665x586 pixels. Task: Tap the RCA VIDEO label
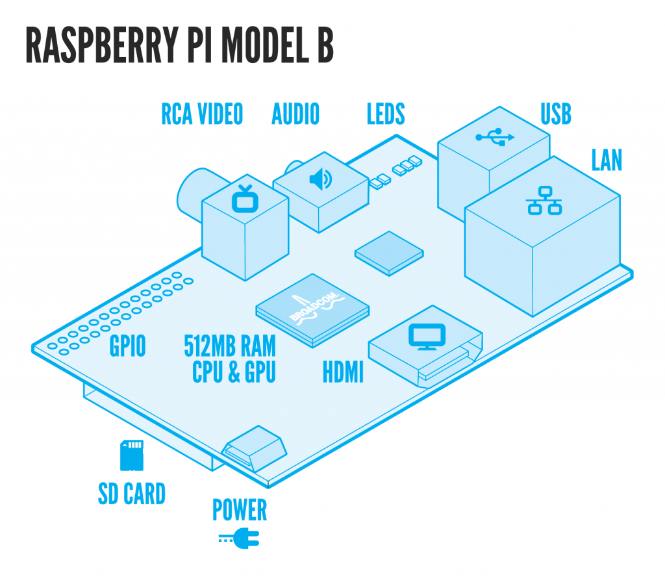coord(202,114)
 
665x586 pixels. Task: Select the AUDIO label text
coord(295,114)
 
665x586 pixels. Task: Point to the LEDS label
coord(386,114)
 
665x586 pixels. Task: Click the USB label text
coord(556,114)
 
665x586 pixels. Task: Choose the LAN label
coord(607,160)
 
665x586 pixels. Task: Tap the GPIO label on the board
coord(127,346)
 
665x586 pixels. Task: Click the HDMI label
coord(343,373)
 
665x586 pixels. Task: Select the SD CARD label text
coord(132,494)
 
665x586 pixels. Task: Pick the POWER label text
coord(240,510)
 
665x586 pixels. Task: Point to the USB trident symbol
coord(495,137)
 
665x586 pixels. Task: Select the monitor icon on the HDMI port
coord(426,336)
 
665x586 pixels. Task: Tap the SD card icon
coord(131,455)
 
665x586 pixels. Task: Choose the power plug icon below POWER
coord(240,537)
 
